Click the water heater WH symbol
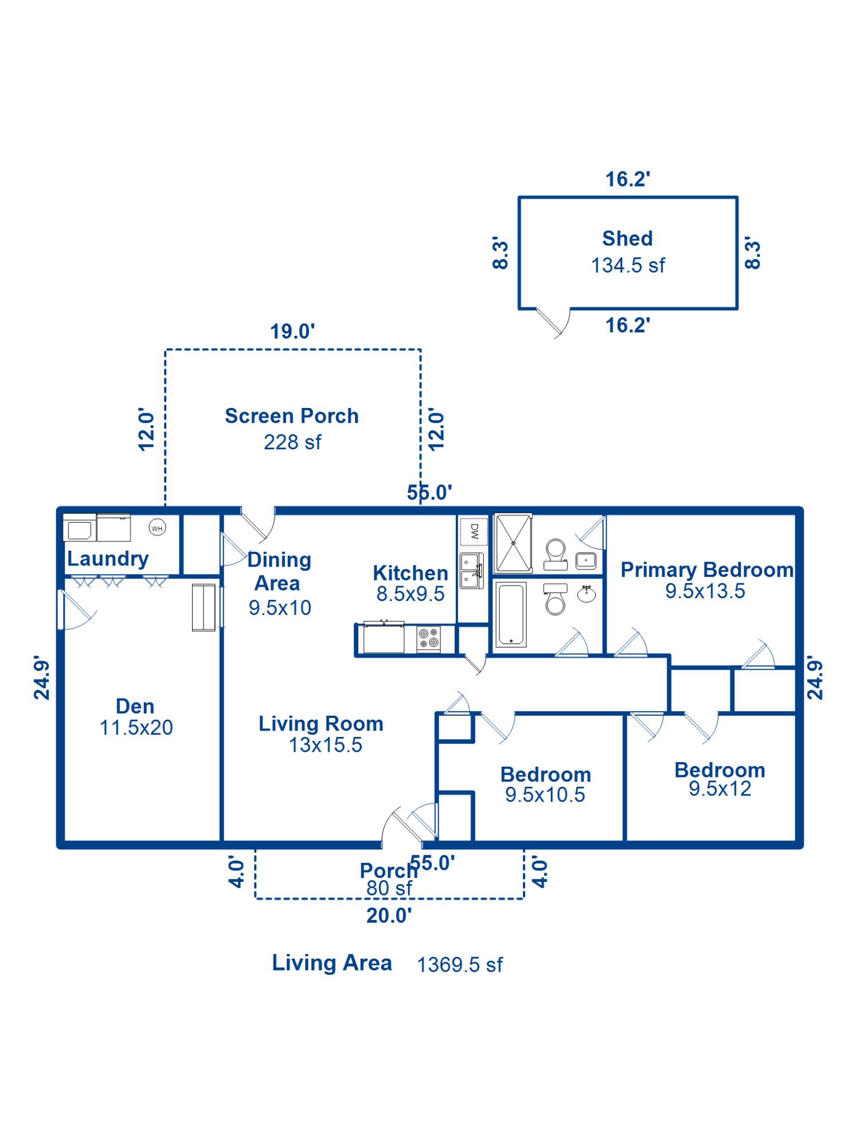[x=157, y=528]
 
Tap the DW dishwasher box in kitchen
[x=474, y=532]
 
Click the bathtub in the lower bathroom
[x=510, y=614]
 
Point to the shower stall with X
[x=514, y=543]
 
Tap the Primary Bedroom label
[x=707, y=570]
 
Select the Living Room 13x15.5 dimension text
[x=326, y=745]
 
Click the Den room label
[x=135, y=706]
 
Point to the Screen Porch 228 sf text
[x=292, y=442]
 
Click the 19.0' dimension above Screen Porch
[x=292, y=331]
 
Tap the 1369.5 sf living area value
[x=460, y=965]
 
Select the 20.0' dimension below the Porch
[x=389, y=916]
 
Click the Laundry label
[x=108, y=559]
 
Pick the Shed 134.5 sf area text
[x=628, y=265]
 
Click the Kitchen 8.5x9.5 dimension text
[x=411, y=594]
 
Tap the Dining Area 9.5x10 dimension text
[x=280, y=607]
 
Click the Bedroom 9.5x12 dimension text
[x=720, y=789]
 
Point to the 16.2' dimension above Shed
[x=628, y=179]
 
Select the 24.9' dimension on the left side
[x=42, y=678]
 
